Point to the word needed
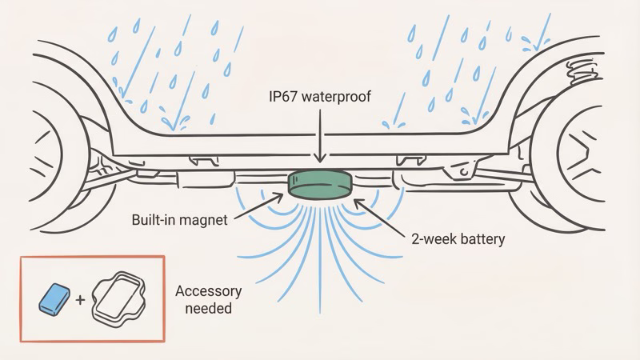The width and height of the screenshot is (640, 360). coord(205,307)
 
